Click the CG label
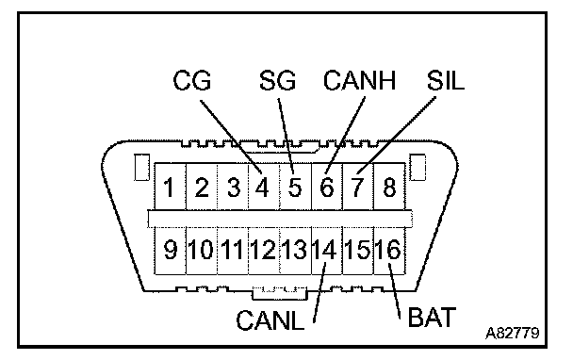(192, 80)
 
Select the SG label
(277, 80)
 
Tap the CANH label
(360, 80)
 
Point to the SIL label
(446, 80)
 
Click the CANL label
(270, 320)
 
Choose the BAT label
(432, 317)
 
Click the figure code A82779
(513, 333)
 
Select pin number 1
(169, 188)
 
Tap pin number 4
(262, 188)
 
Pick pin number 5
(295, 188)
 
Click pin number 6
(327, 188)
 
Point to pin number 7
(357, 188)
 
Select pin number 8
(389, 188)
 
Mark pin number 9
(171, 250)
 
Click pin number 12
(262, 250)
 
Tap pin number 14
(324, 250)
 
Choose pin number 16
(387, 250)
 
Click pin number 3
(233, 188)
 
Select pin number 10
(200, 250)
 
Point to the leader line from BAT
(395, 291)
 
